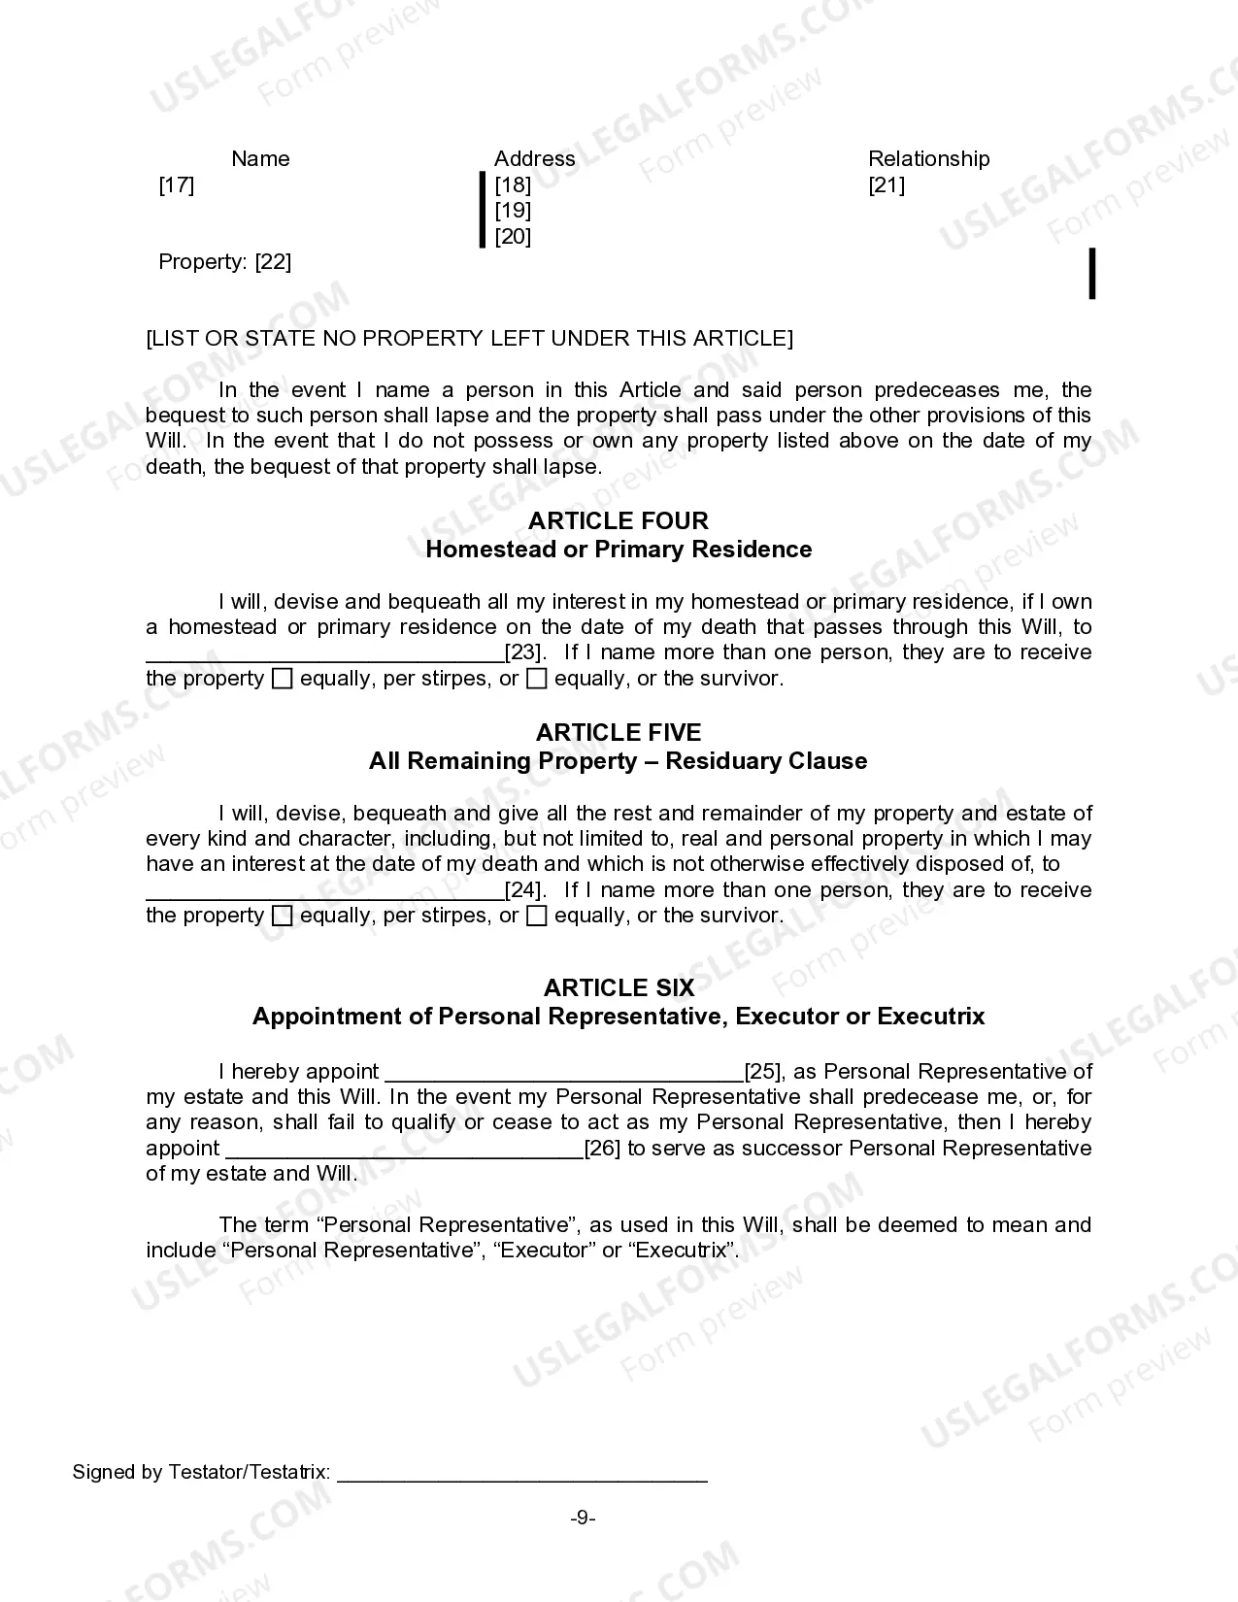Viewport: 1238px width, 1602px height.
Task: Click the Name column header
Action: [260, 159]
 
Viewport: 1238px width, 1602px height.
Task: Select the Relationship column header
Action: [928, 159]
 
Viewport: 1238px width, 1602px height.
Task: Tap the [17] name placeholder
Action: [177, 185]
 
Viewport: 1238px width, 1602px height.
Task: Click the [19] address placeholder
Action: [513, 211]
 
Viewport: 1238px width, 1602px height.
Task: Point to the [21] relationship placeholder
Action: [887, 185]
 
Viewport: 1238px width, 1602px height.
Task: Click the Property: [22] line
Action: [225, 262]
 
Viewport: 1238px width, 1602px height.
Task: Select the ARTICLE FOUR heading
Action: [619, 520]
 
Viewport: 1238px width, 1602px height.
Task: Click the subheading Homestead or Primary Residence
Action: [619, 550]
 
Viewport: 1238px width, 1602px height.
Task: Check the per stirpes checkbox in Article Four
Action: [282, 680]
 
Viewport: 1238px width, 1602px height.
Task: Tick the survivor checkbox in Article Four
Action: [536, 680]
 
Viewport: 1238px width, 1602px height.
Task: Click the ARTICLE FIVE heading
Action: [619, 732]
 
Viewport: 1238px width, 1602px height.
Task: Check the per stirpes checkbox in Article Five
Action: [282, 917]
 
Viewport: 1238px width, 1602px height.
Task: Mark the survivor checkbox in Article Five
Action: [536, 917]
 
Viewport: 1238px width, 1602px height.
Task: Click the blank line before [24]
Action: [325, 893]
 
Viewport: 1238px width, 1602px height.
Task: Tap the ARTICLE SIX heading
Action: [619, 988]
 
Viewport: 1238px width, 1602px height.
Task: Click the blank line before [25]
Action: [564, 1075]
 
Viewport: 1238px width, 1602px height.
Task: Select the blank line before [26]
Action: [404, 1151]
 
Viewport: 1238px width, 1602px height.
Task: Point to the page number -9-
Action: [583, 1519]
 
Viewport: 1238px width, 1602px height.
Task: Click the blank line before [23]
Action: [325, 655]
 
